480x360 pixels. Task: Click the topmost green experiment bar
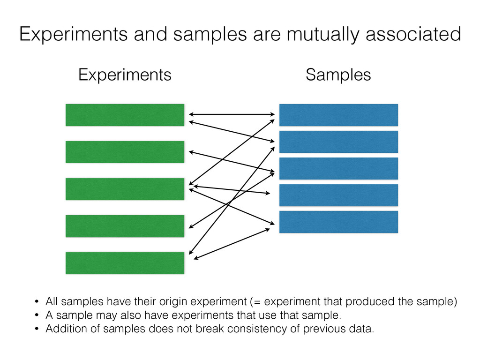click(x=125, y=115)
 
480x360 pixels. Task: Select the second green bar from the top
click(x=125, y=152)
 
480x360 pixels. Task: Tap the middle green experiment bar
click(x=125, y=189)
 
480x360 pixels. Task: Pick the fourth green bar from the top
click(x=125, y=226)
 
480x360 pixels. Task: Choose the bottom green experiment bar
click(x=125, y=263)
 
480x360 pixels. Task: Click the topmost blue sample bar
click(x=338, y=115)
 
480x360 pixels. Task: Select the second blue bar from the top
click(x=338, y=142)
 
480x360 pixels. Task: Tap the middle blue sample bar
click(x=338, y=168)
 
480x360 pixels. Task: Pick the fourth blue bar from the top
click(x=338, y=195)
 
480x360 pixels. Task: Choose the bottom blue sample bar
click(x=338, y=222)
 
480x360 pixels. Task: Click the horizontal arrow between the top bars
click(x=232, y=114)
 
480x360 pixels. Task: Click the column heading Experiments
click(x=125, y=75)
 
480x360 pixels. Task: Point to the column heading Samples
click(x=338, y=75)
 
